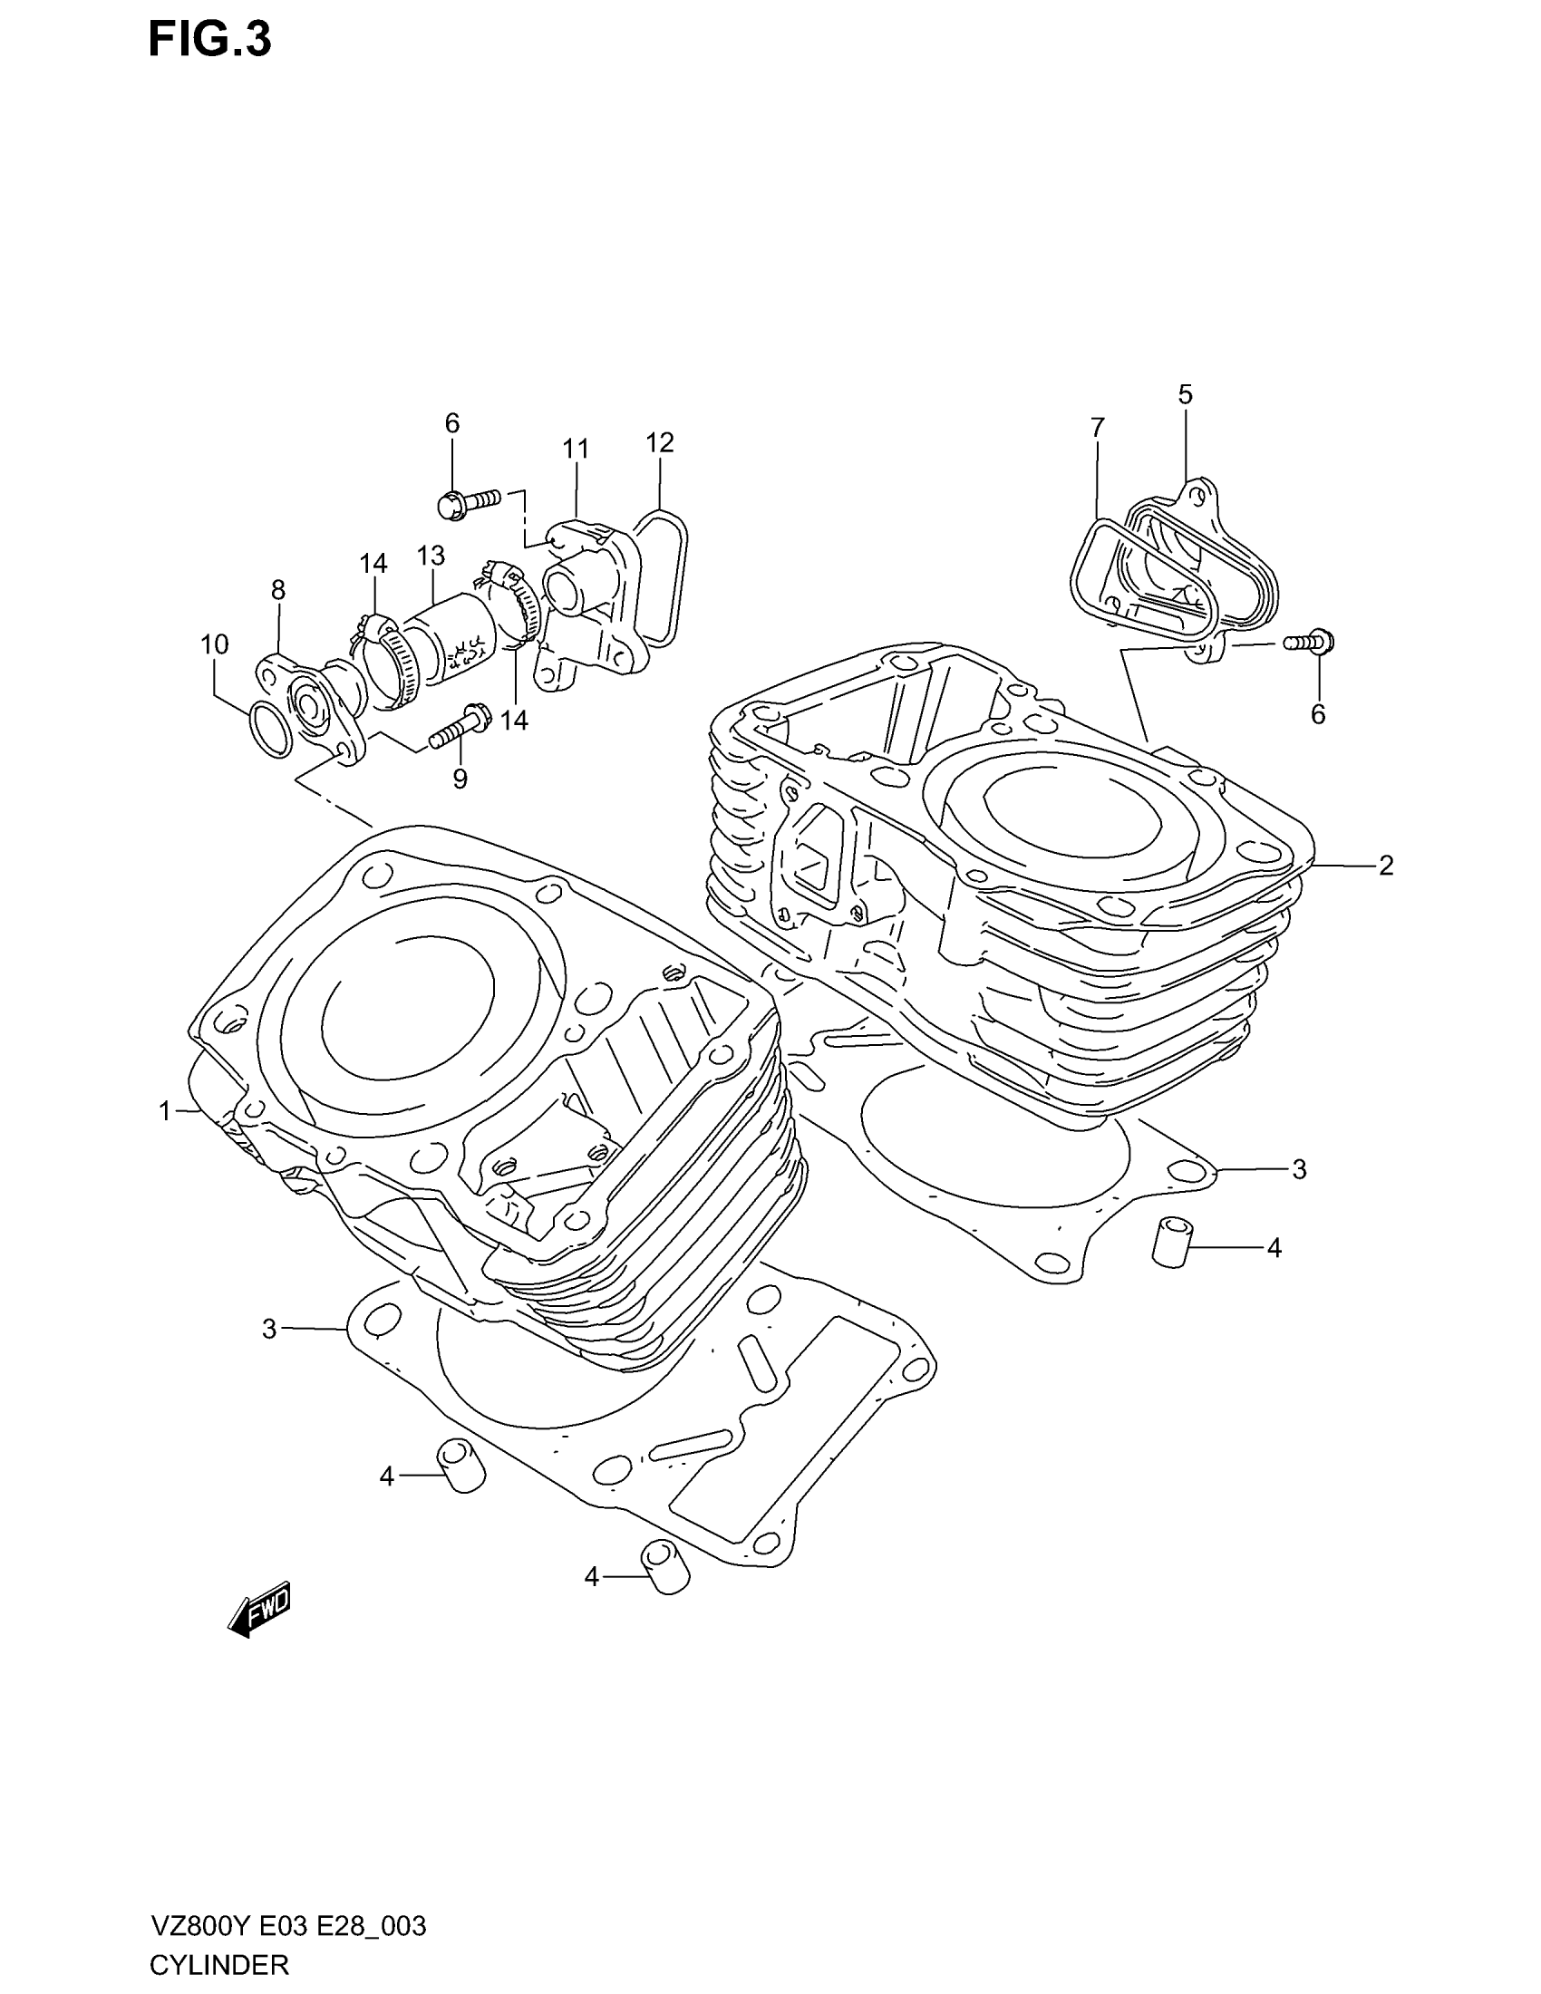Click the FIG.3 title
pyautogui.click(x=210, y=42)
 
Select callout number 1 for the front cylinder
pyautogui.click(x=165, y=1111)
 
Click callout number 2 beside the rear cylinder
pyautogui.click(x=1386, y=865)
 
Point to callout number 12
pyautogui.click(x=659, y=443)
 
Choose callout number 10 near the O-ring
pyautogui.click(x=215, y=644)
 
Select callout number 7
pyautogui.click(x=1098, y=427)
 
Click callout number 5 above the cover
pyautogui.click(x=1185, y=394)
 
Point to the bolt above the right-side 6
pyautogui.click(x=1307, y=642)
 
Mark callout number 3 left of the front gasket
pyautogui.click(x=268, y=1329)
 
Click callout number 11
pyautogui.click(x=575, y=450)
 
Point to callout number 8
pyautogui.click(x=278, y=590)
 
